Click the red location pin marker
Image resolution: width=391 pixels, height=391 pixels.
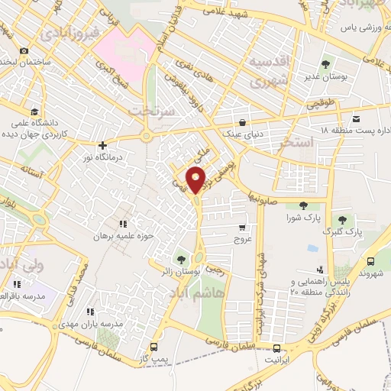click(x=197, y=181)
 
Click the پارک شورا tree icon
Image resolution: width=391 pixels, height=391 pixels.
click(x=303, y=205)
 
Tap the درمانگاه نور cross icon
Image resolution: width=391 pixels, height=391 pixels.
click(x=102, y=145)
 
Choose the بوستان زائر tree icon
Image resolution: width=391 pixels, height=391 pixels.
click(x=181, y=258)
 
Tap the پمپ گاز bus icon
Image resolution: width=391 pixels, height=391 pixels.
click(x=156, y=344)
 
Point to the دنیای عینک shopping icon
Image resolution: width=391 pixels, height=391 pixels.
click(x=242, y=122)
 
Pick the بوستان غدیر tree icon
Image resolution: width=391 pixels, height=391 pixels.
click(x=326, y=64)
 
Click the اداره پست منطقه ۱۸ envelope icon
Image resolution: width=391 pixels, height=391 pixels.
click(x=357, y=118)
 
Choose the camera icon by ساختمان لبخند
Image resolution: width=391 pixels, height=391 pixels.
click(x=24, y=50)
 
